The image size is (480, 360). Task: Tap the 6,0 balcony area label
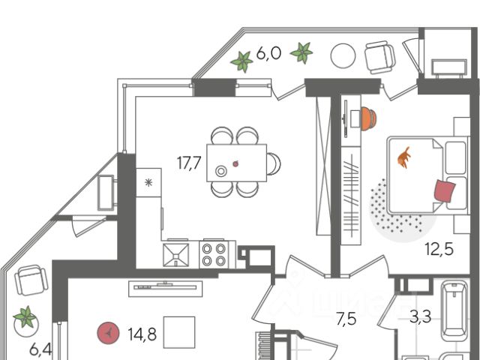click(x=268, y=53)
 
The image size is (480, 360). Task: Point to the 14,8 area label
click(x=142, y=334)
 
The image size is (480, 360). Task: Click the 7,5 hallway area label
click(x=346, y=319)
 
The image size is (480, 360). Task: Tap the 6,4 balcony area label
click(x=40, y=349)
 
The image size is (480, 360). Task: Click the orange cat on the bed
click(x=405, y=157)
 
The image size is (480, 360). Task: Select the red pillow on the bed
click(x=444, y=190)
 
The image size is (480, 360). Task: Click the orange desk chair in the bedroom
click(x=367, y=118)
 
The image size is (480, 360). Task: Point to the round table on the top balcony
click(x=343, y=56)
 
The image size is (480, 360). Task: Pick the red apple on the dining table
click(x=236, y=163)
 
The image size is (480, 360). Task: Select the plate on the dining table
click(x=221, y=171)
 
